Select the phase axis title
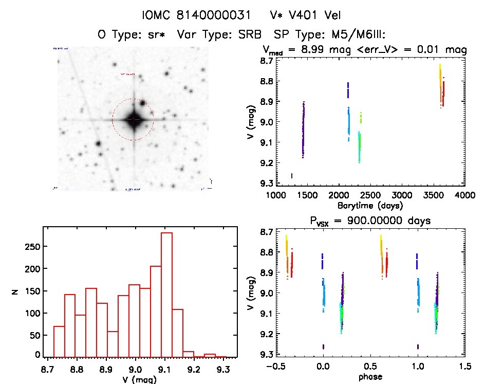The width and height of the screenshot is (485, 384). [x=370, y=377]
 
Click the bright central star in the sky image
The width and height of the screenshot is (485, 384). [x=133, y=119]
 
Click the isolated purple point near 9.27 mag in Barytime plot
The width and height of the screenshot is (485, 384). [x=292, y=176]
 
